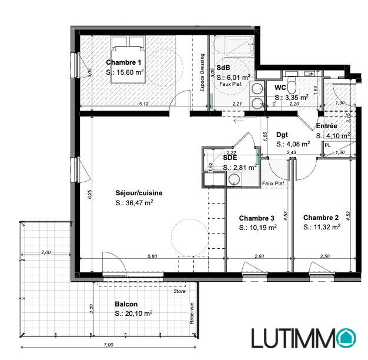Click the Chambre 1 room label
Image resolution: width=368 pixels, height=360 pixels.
(123, 62)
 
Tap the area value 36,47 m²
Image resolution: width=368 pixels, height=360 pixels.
(139, 202)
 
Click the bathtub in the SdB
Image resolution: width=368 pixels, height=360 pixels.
(239, 45)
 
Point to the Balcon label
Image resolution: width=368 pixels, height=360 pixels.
(126, 304)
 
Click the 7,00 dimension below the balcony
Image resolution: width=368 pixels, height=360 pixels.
(108, 345)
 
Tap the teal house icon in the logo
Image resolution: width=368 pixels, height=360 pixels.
(346, 338)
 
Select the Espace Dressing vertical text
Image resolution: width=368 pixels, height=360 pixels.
(202, 72)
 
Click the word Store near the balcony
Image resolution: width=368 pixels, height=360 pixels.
(179, 291)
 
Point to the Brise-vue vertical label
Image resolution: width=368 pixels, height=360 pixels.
(192, 314)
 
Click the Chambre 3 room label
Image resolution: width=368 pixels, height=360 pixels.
(256, 218)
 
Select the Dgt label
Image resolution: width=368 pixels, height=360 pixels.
(282, 135)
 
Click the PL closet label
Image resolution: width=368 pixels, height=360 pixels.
(327, 145)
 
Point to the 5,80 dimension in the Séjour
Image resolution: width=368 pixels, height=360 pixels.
(152, 256)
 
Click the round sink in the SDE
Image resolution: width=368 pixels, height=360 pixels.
(234, 179)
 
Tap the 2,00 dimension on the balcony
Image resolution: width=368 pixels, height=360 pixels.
(46, 252)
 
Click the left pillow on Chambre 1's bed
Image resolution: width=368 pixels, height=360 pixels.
(119, 41)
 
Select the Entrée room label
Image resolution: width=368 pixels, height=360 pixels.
(326, 126)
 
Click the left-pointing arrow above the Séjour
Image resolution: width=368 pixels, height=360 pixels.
(239, 121)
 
